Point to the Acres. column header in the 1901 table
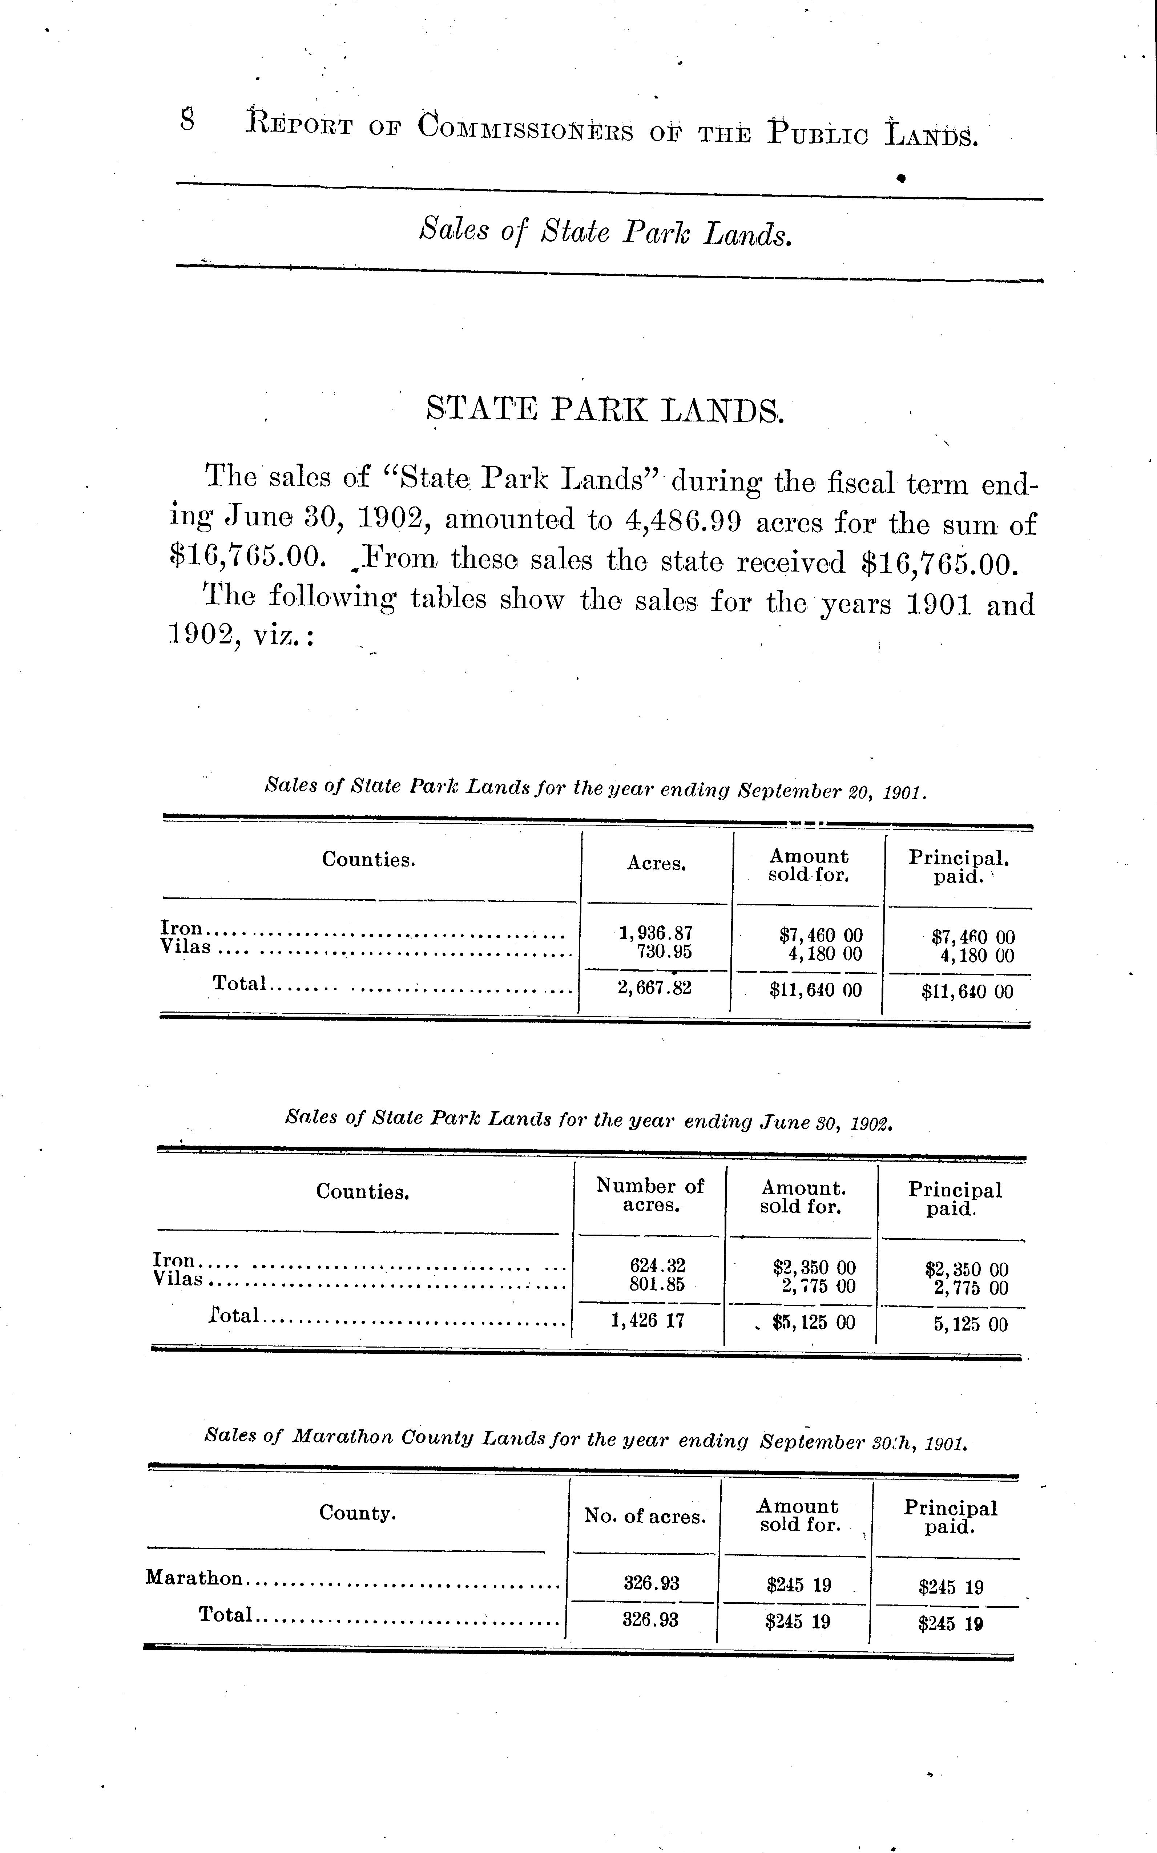tap(657, 864)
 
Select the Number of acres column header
tap(650, 1195)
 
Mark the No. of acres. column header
tap(644, 1516)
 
